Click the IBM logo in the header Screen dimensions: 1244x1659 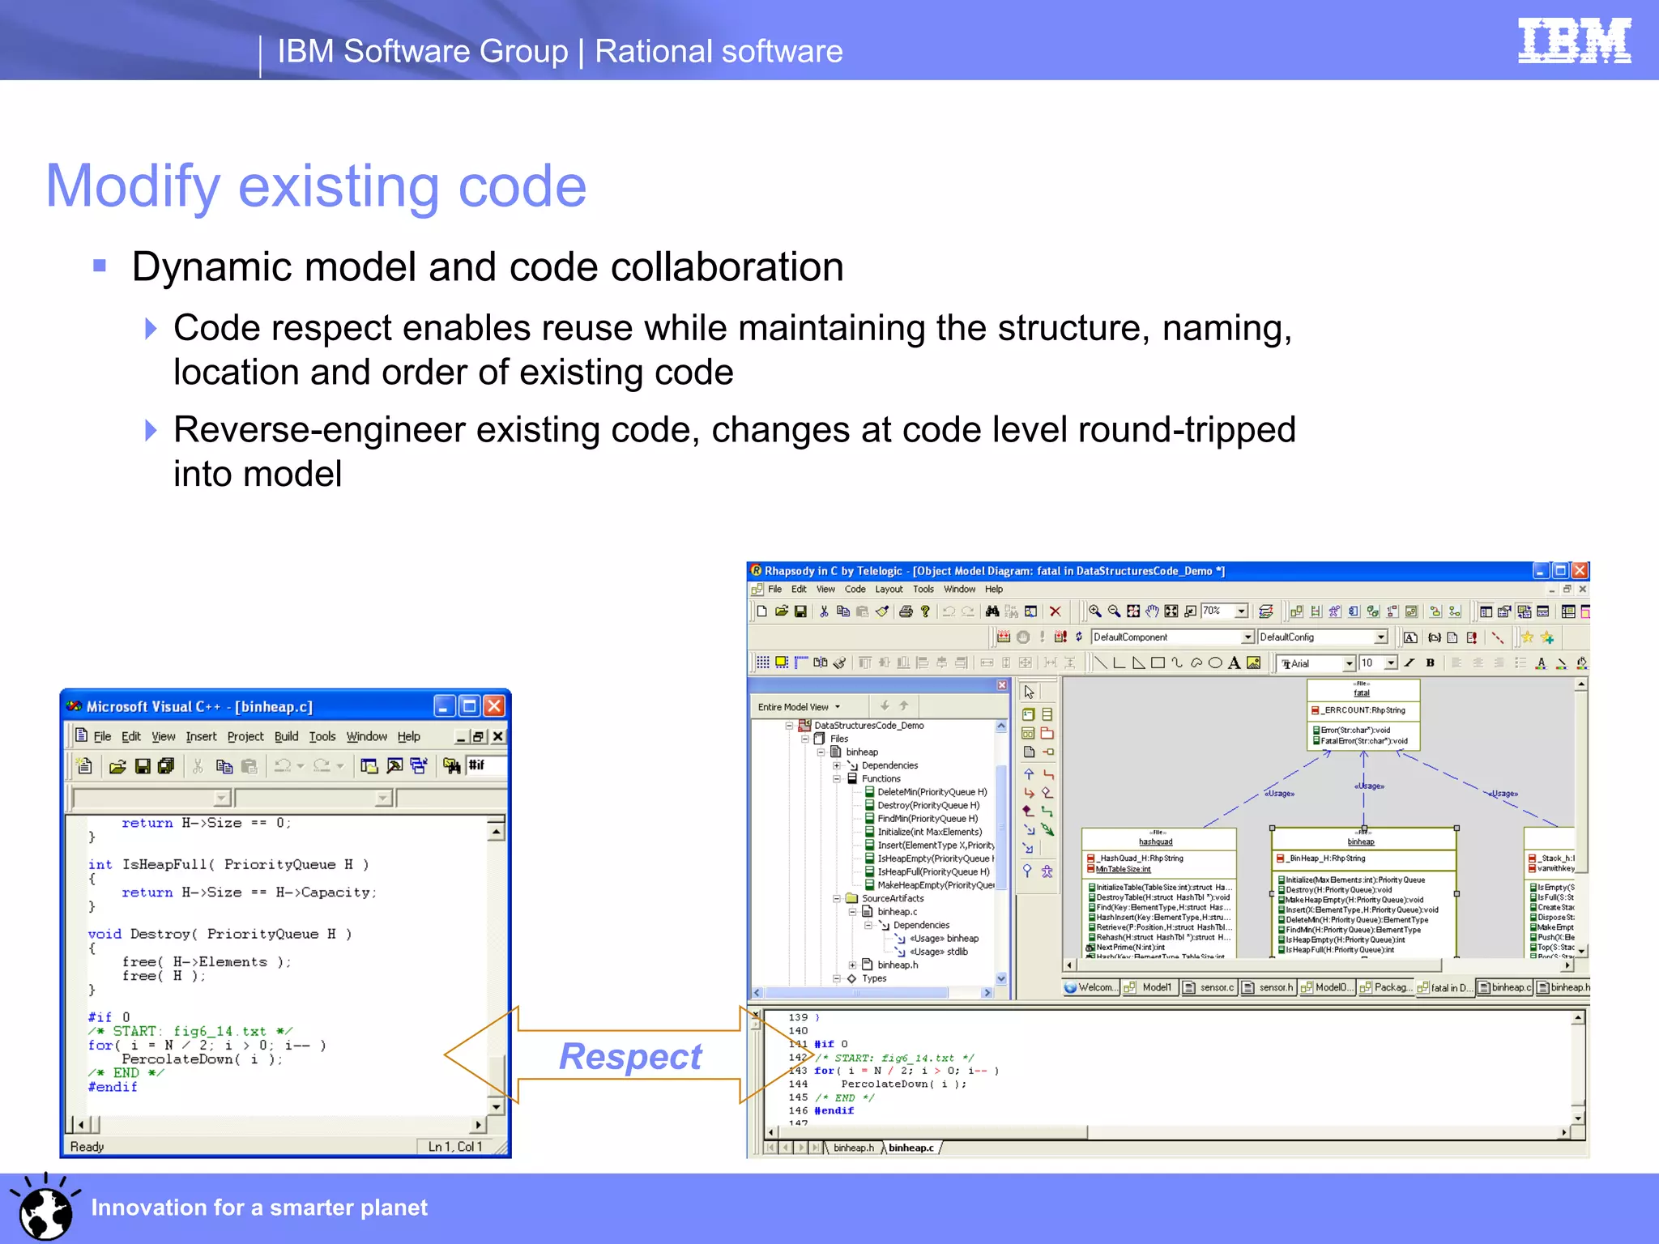tap(1573, 40)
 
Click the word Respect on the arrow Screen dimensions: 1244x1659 tap(630, 1056)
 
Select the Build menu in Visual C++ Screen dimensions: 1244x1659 tap(286, 736)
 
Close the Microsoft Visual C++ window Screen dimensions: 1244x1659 tap(494, 706)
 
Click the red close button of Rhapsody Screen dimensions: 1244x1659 tap(1580, 571)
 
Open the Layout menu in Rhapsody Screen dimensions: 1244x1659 tap(888, 590)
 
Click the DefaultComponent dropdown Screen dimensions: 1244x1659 tap(1171, 637)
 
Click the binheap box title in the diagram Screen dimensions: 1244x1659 tap(1361, 841)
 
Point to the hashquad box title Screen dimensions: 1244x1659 tap(1155, 841)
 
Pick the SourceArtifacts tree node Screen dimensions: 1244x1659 tap(892, 898)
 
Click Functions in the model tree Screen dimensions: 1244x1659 tap(881, 778)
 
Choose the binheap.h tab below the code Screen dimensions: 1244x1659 tap(853, 1148)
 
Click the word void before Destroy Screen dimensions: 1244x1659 tap(104, 934)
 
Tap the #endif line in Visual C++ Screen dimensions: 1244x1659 tap(113, 1087)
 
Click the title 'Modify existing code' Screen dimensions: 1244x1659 tap(316, 186)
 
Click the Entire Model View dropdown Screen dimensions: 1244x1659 tap(799, 707)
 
